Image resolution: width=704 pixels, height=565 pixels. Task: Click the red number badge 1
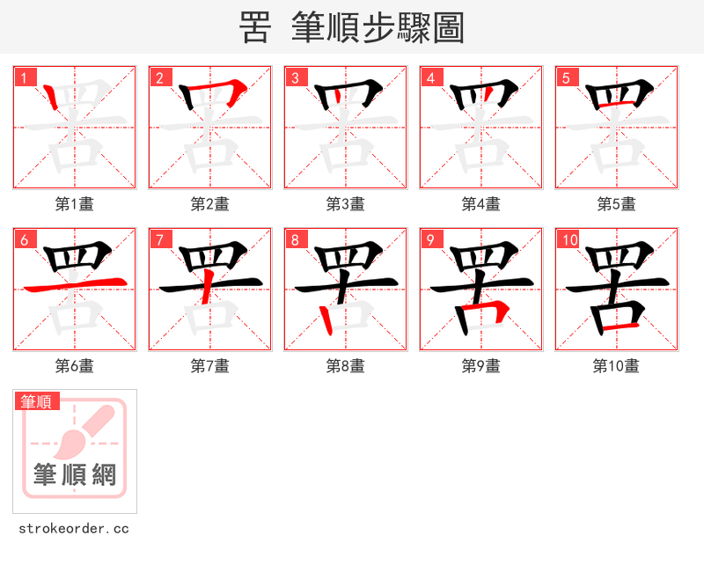tap(25, 78)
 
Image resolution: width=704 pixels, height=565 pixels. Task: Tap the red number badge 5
tap(567, 78)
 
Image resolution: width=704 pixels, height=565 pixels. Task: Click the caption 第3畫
tap(345, 204)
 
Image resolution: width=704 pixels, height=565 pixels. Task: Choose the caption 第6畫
tap(74, 366)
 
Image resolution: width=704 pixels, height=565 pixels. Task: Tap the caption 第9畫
tap(480, 366)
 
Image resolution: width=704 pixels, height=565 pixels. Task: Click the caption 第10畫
tap(616, 366)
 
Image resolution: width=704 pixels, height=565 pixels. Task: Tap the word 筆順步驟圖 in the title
tap(378, 28)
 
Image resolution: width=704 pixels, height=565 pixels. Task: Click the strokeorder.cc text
tap(74, 529)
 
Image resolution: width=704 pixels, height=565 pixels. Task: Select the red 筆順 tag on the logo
tap(37, 402)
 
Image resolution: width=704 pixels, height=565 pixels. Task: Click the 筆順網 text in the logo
tap(75, 475)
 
